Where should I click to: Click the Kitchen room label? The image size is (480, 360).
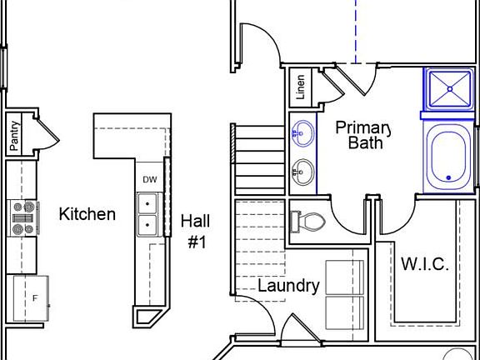pyautogui.click(x=87, y=214)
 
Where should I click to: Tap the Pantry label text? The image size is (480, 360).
pyautogui.click(x=14, y=135)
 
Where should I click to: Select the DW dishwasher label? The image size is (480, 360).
pyautogui.click(x=149, y=179)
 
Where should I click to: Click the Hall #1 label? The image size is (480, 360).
pyautogui.click(x=196, y=232)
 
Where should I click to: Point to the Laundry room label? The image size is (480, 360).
pyautogui.click(x=288, y=286)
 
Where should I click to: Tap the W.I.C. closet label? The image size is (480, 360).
pyautogui.click(x=425, y=265)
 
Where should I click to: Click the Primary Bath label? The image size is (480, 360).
pyautogui.click(x=364, y=135)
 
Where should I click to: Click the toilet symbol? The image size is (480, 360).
pyautogui.click(x=306, y=222)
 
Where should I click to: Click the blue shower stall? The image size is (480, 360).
pyautogui.click(x=448, y=88)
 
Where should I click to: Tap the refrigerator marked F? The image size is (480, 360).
pyautogui.click(x=32, y=298)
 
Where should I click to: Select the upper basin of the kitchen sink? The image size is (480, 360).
pyautogui.click(x=147, y=203)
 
